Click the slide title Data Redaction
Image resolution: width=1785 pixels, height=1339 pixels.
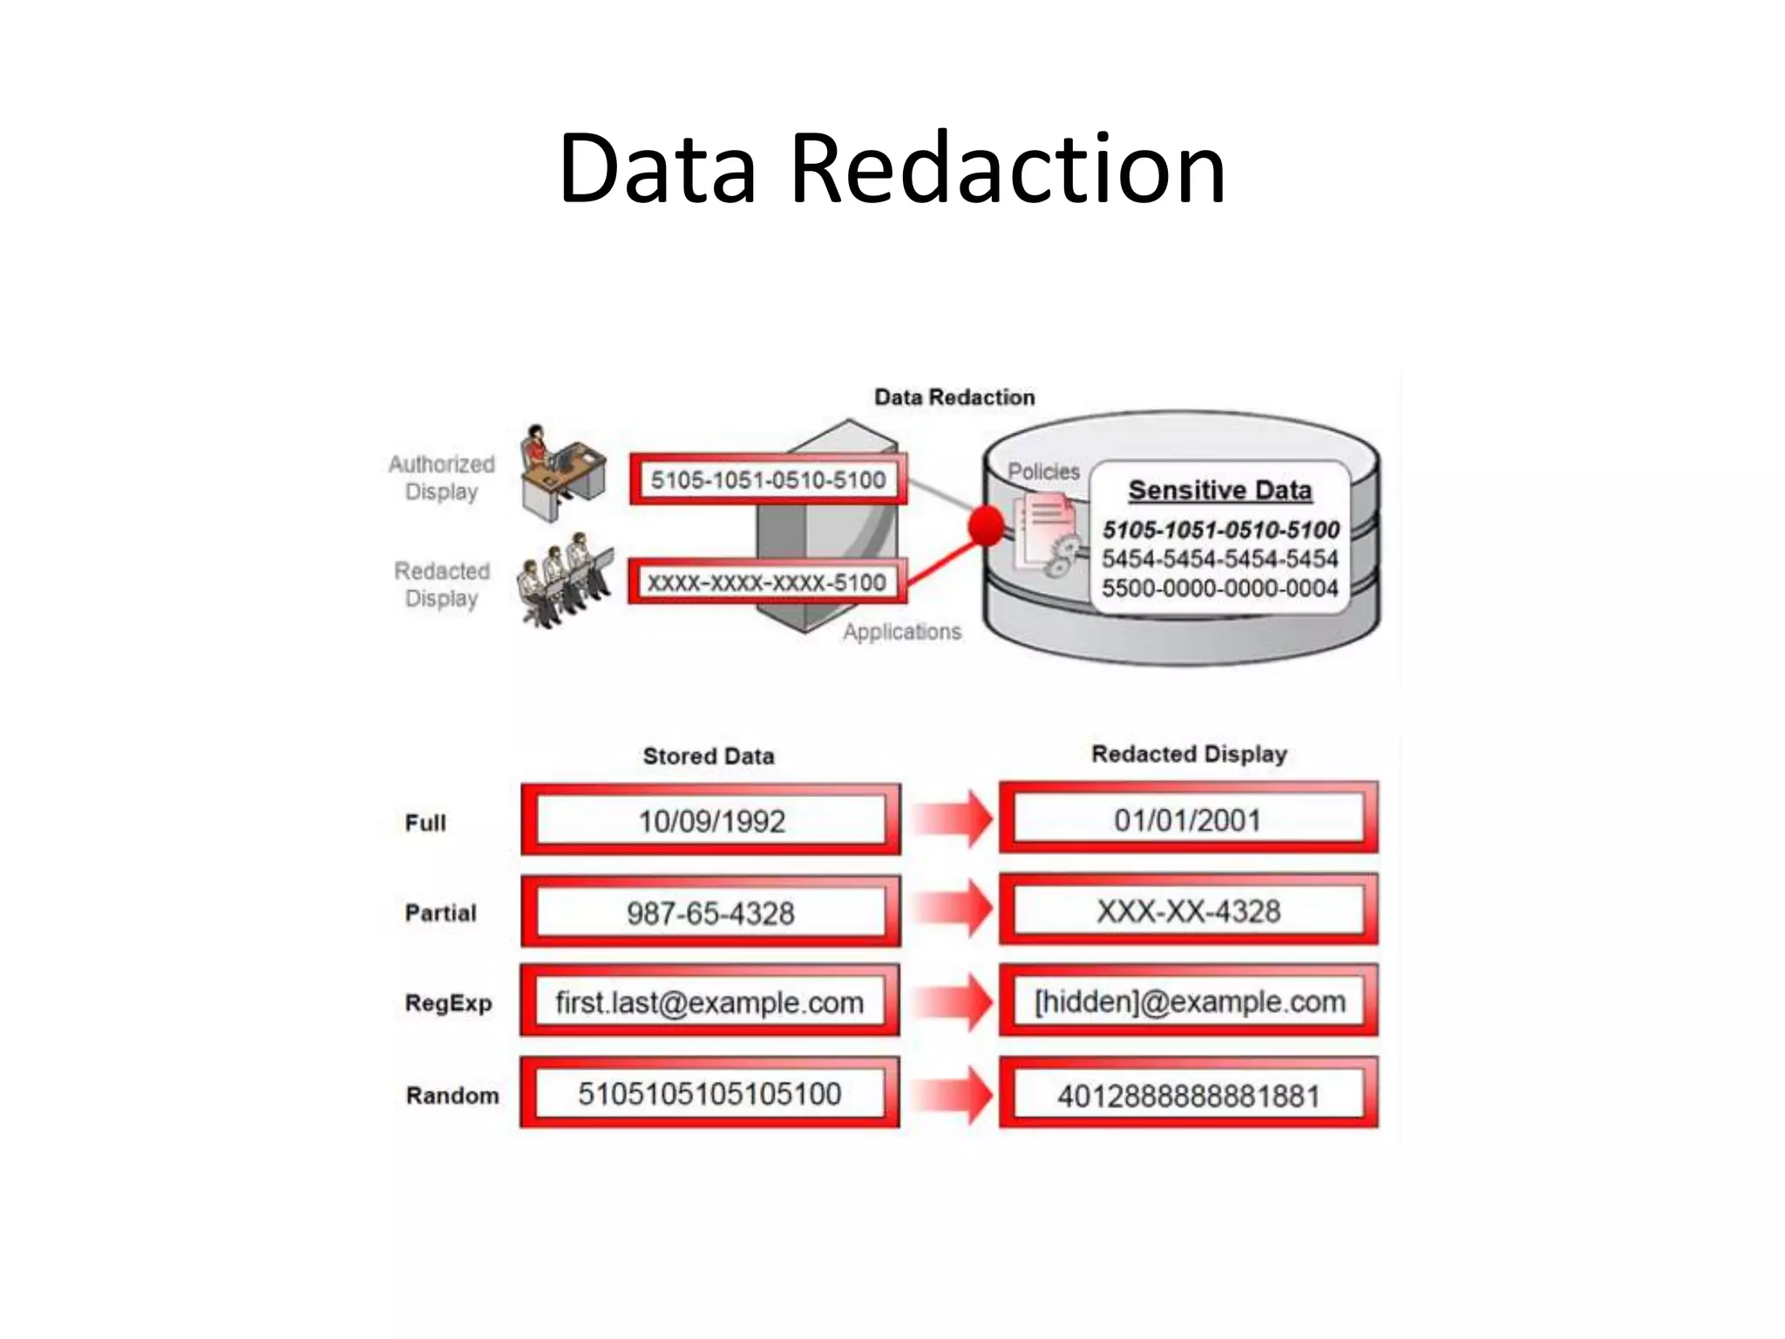892,167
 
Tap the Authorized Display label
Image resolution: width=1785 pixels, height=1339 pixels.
441,478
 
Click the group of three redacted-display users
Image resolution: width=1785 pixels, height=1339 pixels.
565,579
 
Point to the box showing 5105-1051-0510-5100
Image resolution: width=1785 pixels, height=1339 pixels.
768,479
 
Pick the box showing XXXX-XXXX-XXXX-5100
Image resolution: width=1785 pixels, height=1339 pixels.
766,582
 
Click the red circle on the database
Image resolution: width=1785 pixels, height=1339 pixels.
987,527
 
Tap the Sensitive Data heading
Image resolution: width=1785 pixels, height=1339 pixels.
1219,491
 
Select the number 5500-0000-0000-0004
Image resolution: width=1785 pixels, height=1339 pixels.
1219,588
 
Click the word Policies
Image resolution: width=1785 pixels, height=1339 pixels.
1043,472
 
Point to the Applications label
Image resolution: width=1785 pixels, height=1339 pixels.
901,632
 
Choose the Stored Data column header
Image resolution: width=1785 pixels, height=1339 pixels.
708,756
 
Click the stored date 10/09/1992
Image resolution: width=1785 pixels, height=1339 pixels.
711,821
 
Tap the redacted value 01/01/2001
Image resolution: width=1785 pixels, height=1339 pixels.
1187,820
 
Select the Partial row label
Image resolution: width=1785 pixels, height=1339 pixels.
440,913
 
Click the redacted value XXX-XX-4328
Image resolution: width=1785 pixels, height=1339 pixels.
1188,912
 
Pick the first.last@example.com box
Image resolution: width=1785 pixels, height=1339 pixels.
709,1003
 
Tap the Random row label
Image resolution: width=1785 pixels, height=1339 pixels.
452,1095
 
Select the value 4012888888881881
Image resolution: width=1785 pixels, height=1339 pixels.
1188,1096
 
